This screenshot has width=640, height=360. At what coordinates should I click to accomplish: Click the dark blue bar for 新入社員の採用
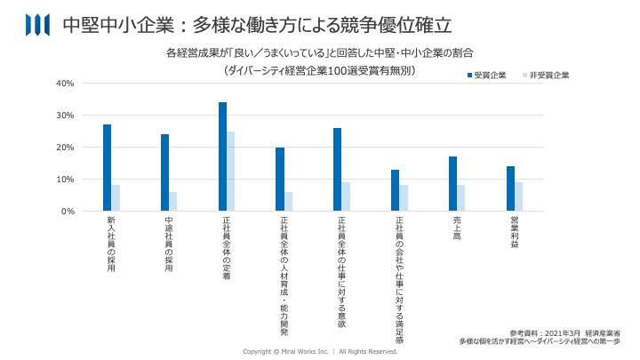click(x=107, y=168)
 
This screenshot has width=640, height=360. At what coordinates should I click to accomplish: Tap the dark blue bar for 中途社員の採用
click(x=164, y=172)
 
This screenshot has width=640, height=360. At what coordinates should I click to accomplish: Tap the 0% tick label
click(x=67, y=212)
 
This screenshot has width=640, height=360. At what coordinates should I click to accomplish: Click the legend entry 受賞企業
click(x=486, y=76)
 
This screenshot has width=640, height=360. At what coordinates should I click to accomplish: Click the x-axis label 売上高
click(x=456, y=229)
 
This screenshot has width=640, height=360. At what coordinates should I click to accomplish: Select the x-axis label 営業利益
click(x=514, y=232)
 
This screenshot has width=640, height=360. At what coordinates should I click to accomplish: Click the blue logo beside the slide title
click(x=37, y=24)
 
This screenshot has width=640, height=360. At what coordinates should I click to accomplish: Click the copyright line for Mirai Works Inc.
click(x=320, y=352)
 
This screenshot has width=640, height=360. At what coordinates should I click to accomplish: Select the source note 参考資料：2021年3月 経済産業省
click(x=565, y=332)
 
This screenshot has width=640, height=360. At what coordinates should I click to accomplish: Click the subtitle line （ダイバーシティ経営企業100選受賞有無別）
click(x=320, y=69)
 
